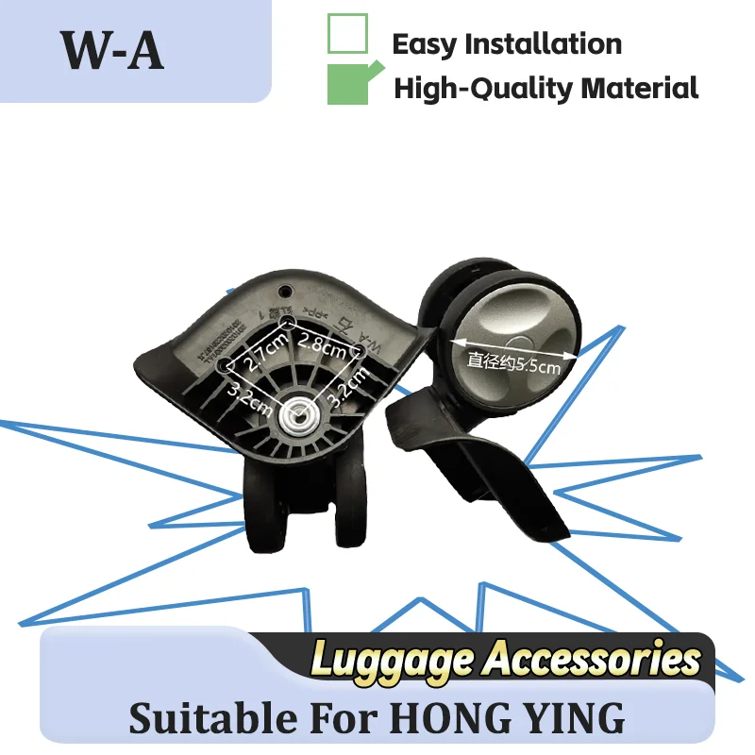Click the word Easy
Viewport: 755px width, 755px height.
(425, 43)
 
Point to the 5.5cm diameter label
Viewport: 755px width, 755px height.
(513, 361)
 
